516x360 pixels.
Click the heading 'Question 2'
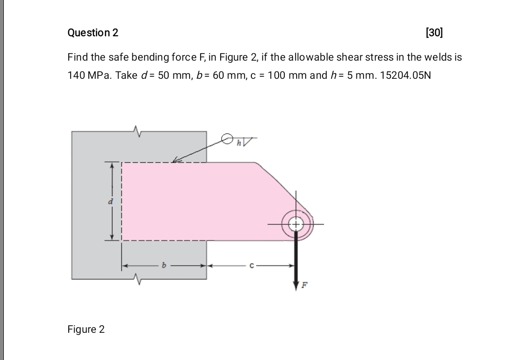(x=93, y=33)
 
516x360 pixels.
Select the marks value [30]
(x=434, y=33)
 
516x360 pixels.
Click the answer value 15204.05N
(x=405, y=75)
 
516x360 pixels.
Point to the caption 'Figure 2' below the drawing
(x=86, y=329)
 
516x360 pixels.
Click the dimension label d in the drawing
(x=108, y=201)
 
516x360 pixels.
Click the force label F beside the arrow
(x=302, y=286)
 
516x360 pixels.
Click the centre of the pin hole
(x=296, y=224)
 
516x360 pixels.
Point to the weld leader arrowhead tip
(x=173, y=162)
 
